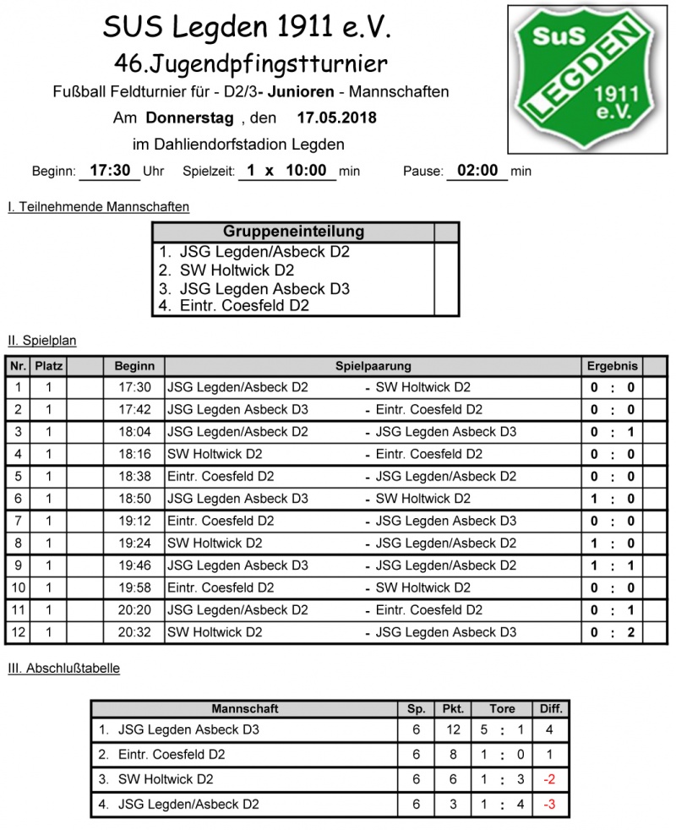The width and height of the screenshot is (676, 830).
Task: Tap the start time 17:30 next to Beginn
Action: click(109, 171)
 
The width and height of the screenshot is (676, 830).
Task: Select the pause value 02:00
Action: click(477, 171)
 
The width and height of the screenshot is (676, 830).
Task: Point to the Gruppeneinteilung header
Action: click(293, 232)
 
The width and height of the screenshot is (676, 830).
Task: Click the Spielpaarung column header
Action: click(373, 367)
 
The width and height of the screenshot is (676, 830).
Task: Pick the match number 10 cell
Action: click(18, 587)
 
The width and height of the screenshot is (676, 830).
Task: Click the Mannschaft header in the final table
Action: click(244, 709)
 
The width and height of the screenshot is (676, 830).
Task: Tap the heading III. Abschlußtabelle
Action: click(63, 669)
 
